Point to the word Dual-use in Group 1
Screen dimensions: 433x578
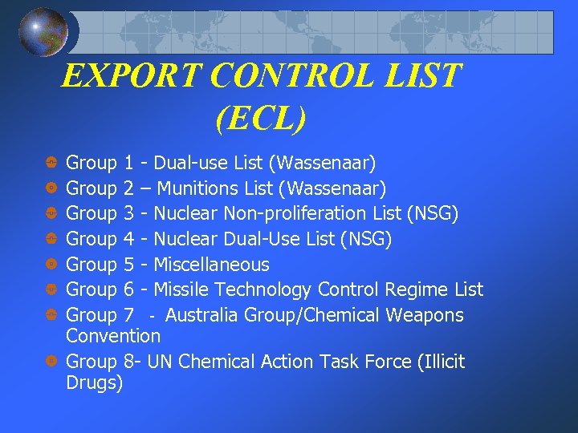click(191, 164)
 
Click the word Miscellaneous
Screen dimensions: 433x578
click(211, 264)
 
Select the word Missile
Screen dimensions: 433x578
click(183, 289)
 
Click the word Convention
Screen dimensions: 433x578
click(113, 335)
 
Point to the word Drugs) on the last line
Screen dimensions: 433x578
click(95, 383)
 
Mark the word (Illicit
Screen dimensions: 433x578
click(441, 362)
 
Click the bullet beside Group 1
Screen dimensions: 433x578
click(51, 164)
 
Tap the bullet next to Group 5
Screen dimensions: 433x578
click(51, 264)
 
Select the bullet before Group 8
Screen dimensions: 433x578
click(51, 362)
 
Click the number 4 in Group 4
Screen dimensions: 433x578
click(129, 239)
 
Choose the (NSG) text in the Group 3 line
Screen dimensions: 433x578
click(433, 214)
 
